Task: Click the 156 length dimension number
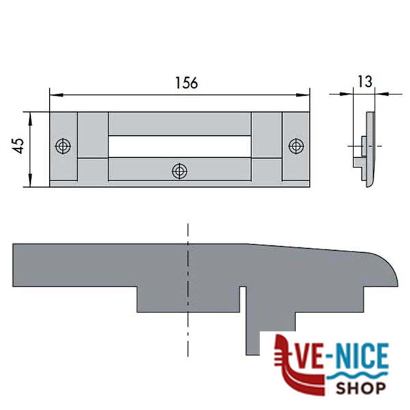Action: [x=187, y=83]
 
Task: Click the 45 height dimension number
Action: [x=18, y=146]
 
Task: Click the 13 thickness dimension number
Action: [x=364, y=81]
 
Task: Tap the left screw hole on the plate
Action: [x=63, y=146]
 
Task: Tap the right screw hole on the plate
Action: [x=296, y=146]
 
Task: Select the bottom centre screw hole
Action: [x=179, y=172]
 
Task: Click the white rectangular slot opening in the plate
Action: [x=180, y=146]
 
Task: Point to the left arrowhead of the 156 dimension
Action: [x=56, y=95]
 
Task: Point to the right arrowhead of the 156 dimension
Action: [x=303, y=95]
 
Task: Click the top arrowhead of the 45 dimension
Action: [x=30, y=119]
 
